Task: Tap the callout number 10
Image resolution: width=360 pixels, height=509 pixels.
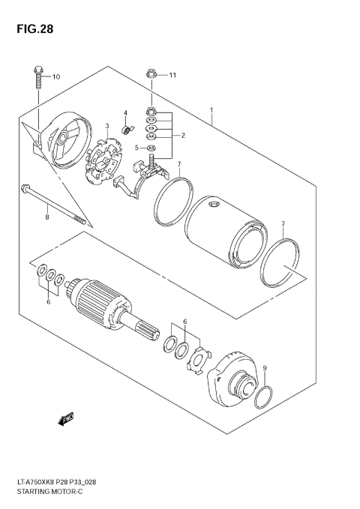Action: [x=56, y=76]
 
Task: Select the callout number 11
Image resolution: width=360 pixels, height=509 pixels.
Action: [x=172, y=75]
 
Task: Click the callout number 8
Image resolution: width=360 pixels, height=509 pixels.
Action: [x=46, y=217]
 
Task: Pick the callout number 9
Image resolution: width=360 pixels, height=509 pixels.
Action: [x=264, y=367]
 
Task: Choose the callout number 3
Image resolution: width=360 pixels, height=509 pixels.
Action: [x=107, y=126]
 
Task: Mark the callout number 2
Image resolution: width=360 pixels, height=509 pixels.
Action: [x=181, y=135]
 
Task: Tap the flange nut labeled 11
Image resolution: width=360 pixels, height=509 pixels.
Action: [x=150, y=75]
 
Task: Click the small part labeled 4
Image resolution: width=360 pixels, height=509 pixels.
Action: [x=128, y=130]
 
